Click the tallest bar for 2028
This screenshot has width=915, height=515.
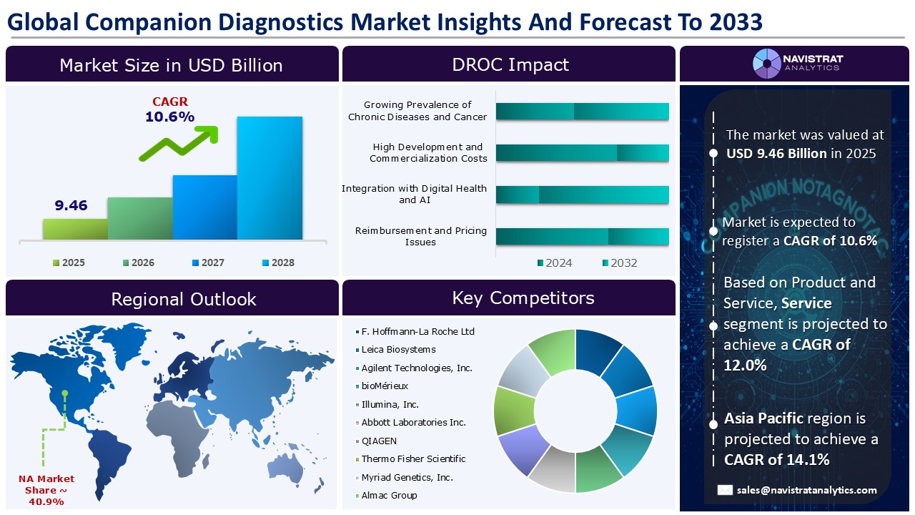(x=269, y=177)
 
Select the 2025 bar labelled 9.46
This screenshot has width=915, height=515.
(x=75, y=229)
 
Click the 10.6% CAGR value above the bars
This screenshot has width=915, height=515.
(x=169, y=117)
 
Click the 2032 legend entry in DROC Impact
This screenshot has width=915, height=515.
(x=619, y=263)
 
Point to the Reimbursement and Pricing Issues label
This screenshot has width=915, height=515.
(x=421, y=236)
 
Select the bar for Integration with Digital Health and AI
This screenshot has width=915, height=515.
(x=582, y=195)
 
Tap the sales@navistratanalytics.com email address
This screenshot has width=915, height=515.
(x=807, y=490)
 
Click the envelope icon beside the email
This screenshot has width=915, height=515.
(x=725, y=490)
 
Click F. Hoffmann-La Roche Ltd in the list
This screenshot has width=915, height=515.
(x=417, y=331)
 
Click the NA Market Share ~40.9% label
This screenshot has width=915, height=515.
(x=46, y=490)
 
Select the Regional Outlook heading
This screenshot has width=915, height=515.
(x=183, y=298)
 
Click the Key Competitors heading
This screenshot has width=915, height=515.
(x=523, y=298)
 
